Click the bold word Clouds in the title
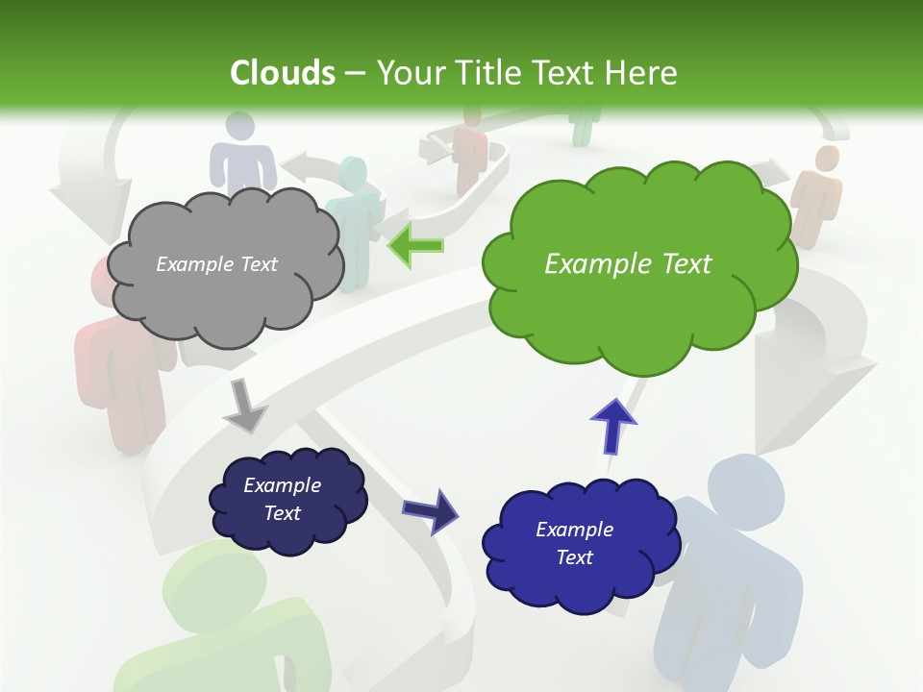(x=283, y=72)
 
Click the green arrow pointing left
(x=415, y=245)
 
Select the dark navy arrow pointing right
(x=431, y=509)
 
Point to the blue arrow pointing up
(x=612, y=425)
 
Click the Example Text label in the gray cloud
(x=216, y=264)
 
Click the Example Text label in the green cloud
(x=628, y=263)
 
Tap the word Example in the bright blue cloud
(x=574, y=530)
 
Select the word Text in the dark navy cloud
(x=283, y=513)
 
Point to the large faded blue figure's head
(x=745, y=485)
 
